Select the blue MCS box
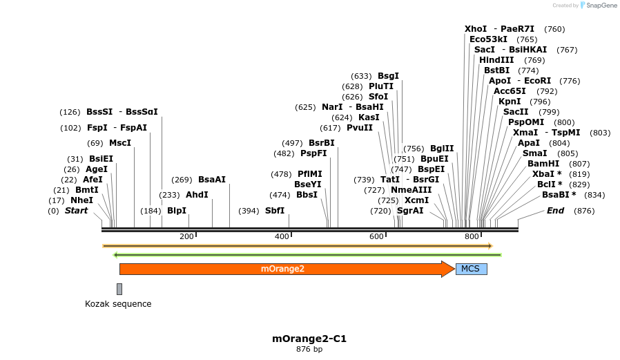coord(471,269)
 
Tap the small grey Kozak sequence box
coord(119,289)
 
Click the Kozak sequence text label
coord(118,304)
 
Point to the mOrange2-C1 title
coord(309,339)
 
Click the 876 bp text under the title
coord(309,350)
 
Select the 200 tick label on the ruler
coord(186,237)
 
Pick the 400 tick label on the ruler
coord(282,237)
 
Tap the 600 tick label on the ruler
coord(376,237)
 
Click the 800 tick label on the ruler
coord(472,237)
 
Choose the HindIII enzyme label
coord(496,60)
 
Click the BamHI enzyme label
coord(543,164)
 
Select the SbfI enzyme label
coord(275,211)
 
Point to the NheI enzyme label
coord(81,200)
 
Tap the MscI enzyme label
coord(120,143)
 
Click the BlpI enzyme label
coord(177,211)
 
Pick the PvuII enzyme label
coord(360,128)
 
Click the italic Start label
coord(76,211)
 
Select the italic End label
coord(555,211)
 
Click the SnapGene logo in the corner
coord(598,6)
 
